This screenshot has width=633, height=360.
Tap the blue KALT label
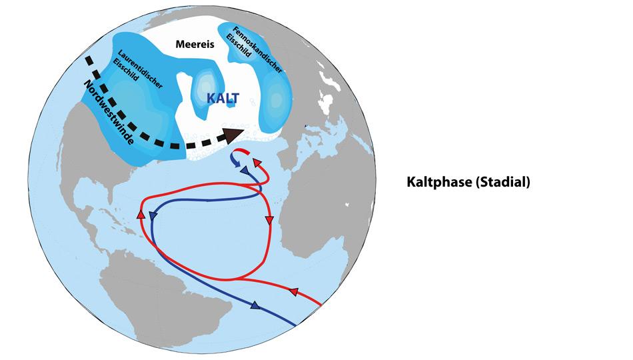tap(223, 98)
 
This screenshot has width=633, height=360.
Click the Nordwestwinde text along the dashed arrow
tap(109, 113)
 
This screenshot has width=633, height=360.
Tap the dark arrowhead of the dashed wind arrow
tap(232, 136)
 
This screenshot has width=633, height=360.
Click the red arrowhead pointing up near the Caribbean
tap(141, 214)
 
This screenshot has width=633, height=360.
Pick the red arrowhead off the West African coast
tap(269, 220)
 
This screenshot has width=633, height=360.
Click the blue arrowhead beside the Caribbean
tap(154, 216)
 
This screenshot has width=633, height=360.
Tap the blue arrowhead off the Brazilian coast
tap(255, 306)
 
